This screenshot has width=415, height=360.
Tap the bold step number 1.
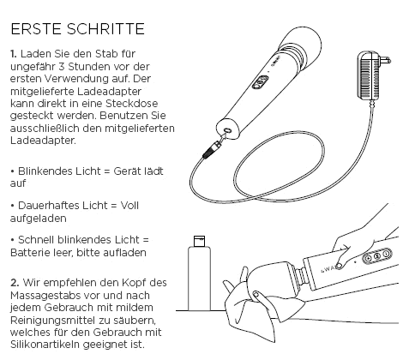(14, 53)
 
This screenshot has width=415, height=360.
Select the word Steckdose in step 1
(129, 109)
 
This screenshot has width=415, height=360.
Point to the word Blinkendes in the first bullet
(45, 171)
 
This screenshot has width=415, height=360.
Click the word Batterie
(33, 253)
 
